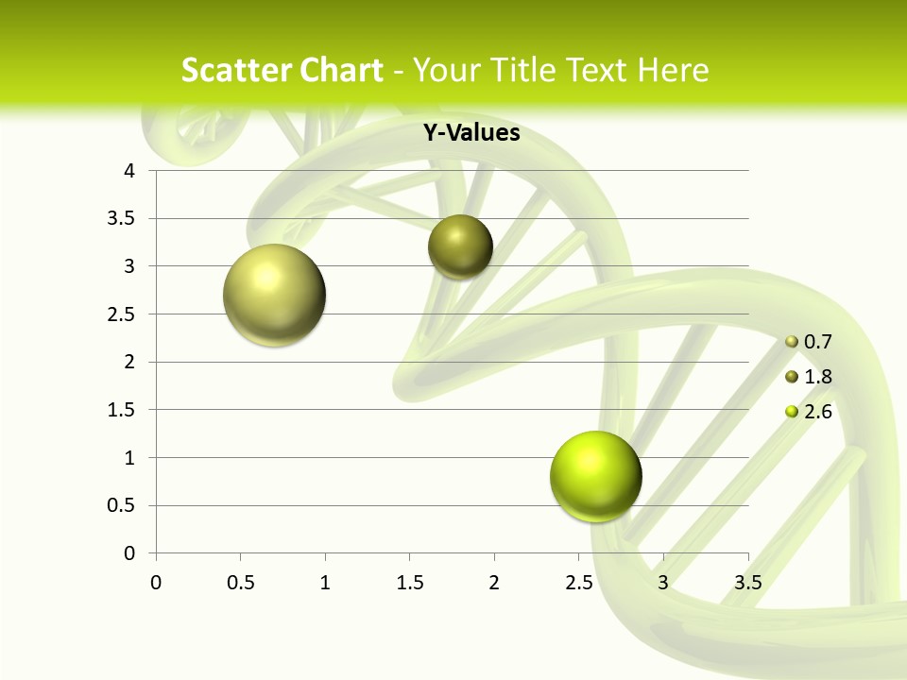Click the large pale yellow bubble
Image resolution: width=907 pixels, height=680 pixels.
tap(274, 295)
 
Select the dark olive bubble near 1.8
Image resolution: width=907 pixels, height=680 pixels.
tap(460, 247)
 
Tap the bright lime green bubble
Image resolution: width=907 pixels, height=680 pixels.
tap(595, 476)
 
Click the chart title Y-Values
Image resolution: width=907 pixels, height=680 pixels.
tap(471, 133)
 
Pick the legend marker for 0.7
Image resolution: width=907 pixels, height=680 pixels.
tap(792, 341)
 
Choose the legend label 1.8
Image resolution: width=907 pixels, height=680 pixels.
tap(818, 377)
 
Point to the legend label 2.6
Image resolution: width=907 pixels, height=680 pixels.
tap(818, 412)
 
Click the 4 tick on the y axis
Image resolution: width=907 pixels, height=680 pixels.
tap(129, 171)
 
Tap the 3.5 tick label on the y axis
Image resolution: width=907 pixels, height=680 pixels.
tap(121, 218)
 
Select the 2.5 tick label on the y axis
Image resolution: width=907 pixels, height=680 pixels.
tap(121, 314)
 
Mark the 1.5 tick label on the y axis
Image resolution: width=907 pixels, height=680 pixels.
tap(121, 410)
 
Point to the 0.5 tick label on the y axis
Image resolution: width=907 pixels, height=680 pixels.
tap(121, 505)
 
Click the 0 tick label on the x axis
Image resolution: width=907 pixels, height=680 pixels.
tap(156, 583)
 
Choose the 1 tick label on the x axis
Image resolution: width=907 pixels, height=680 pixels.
tap(325, 583)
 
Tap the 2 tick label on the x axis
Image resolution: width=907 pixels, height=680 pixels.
tap(494, 583)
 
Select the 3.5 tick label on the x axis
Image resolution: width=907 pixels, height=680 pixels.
tap(747, 583)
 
